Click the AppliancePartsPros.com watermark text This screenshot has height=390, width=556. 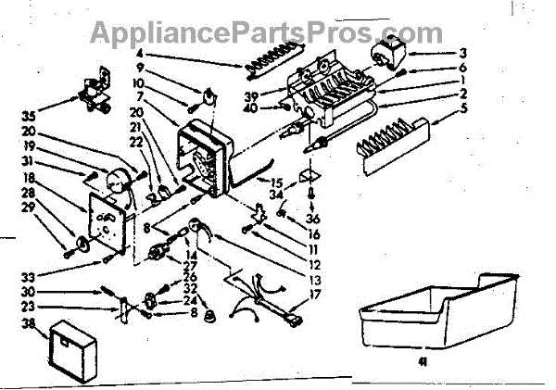pos(265,33)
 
